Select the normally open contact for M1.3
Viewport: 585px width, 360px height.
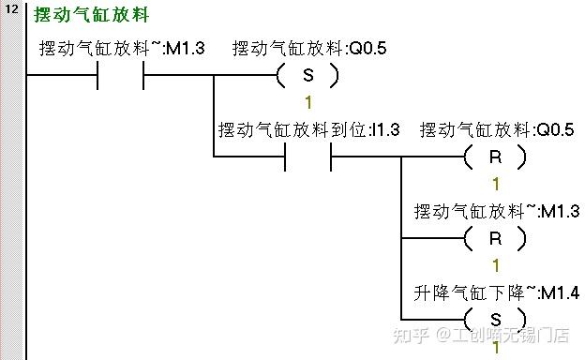(x=120, y=76)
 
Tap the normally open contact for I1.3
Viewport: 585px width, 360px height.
(x=307, y=157)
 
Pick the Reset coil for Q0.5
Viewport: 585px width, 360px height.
(x=496, y=157)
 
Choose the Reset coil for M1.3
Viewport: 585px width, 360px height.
(x=496, y=238)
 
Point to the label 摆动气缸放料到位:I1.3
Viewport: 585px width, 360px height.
(x=308, y=129)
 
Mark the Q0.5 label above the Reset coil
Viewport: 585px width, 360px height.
(x=496, y=129)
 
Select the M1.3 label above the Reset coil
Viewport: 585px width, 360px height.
(x=497, y=211)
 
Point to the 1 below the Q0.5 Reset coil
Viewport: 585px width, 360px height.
(x=496, y=184)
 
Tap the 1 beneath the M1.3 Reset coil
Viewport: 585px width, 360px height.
(x=496, y=265)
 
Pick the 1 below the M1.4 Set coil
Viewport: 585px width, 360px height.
(x=496, y=348)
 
